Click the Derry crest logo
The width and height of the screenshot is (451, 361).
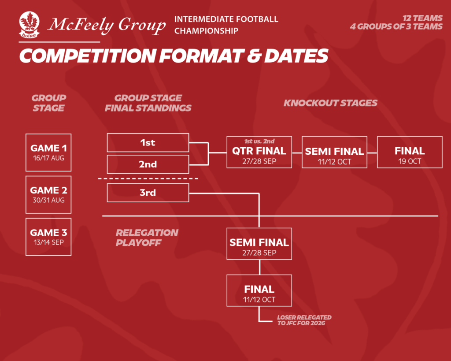[x=30, y=25]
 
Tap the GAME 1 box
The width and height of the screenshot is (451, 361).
[x=48, y=153]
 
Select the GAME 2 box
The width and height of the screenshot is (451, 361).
[x=48, y=195]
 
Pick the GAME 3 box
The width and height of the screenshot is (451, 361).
[x=48, y=237]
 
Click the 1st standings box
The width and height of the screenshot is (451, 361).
[x=148, y=142]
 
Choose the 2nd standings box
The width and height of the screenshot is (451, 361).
[x=148, y=164]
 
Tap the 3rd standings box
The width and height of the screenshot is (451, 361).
[x=148, y=193]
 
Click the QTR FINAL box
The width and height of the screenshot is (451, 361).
[x=259, y=152]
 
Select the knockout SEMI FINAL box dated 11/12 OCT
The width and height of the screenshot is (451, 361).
[x=335, y=152]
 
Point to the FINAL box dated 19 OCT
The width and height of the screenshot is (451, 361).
[x=410, y=152]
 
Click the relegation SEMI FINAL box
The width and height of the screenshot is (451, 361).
[x=259, y=244]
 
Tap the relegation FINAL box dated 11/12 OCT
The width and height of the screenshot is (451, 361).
[x=259, y=290]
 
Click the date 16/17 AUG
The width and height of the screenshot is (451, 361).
[x=48, y=158]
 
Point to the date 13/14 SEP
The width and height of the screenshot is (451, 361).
[x=48, y=242]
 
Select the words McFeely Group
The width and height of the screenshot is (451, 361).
[x=107, y=25]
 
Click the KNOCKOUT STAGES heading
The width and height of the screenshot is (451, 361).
[x=330, y=103]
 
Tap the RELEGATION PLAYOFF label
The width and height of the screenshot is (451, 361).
[x=147, y=238]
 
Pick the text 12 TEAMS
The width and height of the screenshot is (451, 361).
[x=422, y=18]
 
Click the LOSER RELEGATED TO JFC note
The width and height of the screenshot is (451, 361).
[x=304, y=320]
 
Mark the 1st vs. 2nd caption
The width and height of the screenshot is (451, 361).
[x=259, y=141]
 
